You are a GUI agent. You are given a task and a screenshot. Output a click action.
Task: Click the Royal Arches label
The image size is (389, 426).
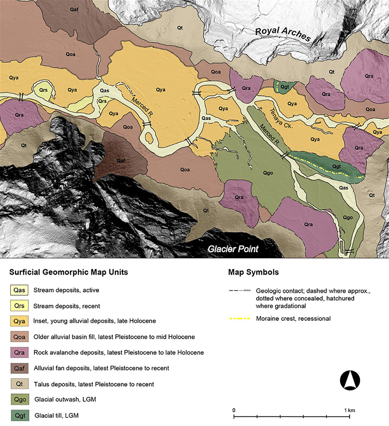pos(282,34)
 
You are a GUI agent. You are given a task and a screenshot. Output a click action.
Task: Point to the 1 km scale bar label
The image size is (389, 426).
pos(348,410)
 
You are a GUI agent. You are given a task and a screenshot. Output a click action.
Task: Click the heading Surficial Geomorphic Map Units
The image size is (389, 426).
pos(68,272)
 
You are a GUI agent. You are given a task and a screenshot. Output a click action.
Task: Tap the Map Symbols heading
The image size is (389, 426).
pos(253,272)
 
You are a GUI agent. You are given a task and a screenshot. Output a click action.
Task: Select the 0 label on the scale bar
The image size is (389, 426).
pos(234,410)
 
